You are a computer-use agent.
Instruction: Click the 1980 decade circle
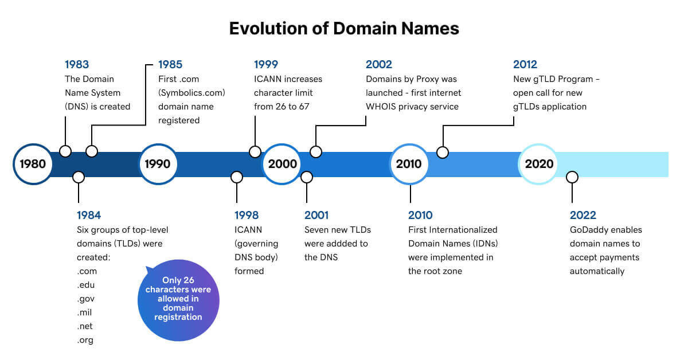[33, 164]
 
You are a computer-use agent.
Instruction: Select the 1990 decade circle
[157, 164]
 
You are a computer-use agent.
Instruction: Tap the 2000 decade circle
[282, 164]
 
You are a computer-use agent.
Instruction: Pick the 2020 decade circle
[539, 164]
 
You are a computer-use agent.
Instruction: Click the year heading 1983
[77, 64]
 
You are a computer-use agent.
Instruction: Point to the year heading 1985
[170, 64]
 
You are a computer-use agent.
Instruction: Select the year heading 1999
[266, 64]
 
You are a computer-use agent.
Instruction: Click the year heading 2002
[379, 64]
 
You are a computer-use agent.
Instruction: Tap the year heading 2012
[525, 64]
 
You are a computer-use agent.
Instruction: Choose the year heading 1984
[89, 216]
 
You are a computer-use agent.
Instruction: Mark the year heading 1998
[247, 216]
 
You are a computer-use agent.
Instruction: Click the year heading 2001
[316, 216]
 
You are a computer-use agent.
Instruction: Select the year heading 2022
[583, 216]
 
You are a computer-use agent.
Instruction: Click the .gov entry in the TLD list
[87, 299]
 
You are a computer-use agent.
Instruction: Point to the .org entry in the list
[85, 340]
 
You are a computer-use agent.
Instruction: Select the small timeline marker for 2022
[572, 177]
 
